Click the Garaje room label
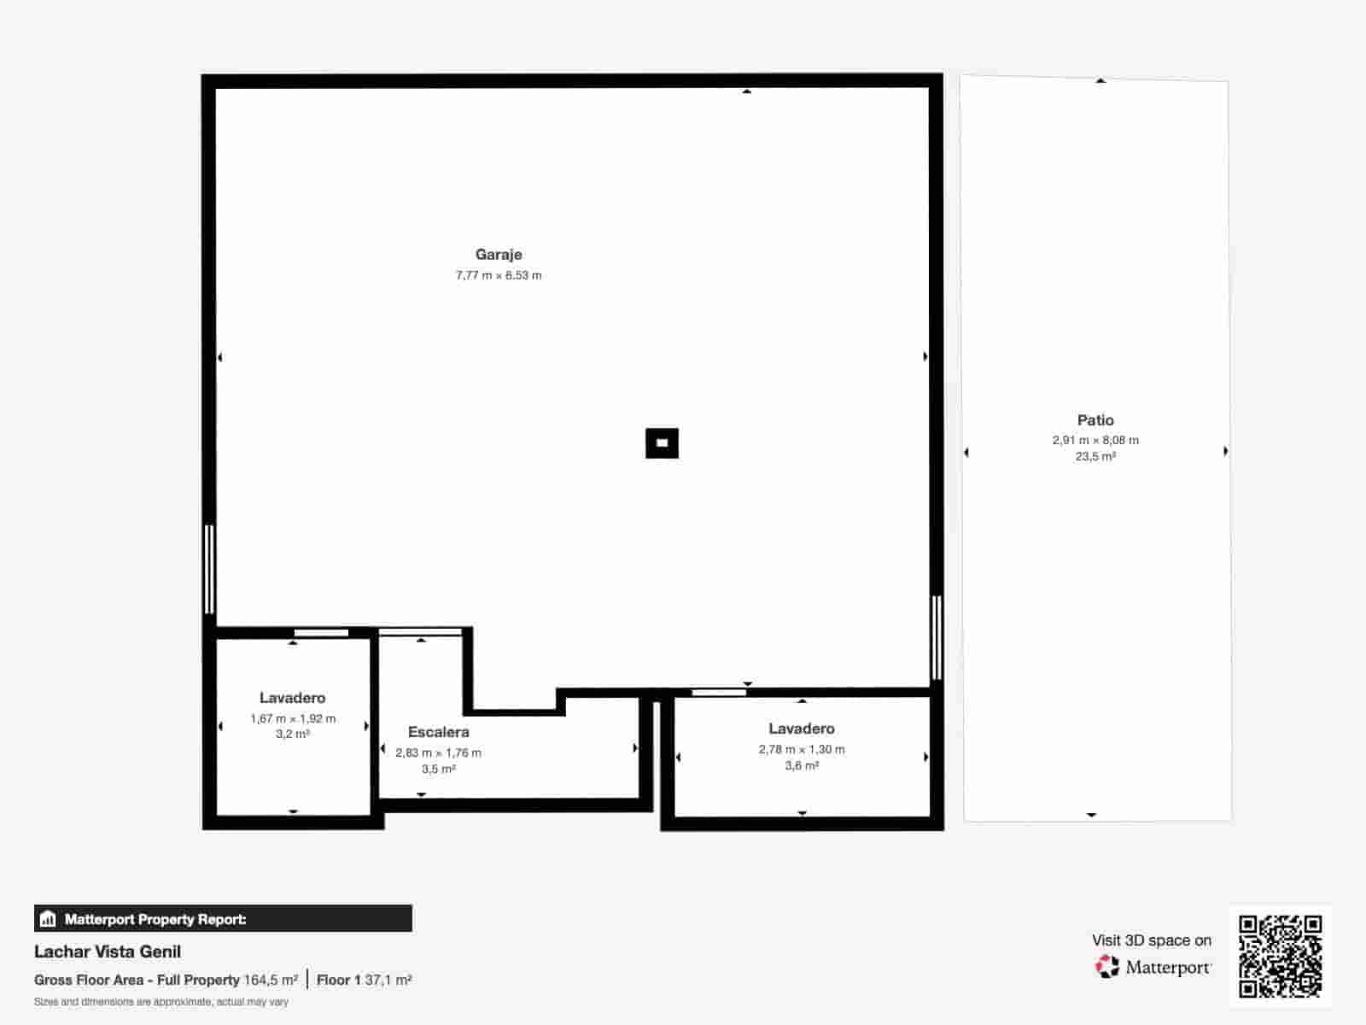[x=499, y=255]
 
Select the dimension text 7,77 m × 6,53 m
[x=499, y=275]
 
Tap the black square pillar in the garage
[x=662, y=443]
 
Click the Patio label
[x=1095, y=420]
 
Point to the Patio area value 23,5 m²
[x=1095, y=457]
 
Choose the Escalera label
[x=438, y=732]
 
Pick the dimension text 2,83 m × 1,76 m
[x=438, y=753]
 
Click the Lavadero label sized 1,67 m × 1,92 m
[x=292, y=698]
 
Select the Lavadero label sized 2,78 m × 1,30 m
[x=801, y=729]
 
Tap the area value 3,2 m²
[x=292, y=735]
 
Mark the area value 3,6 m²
[x=802, y=766]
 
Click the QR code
[x=1280, y=956]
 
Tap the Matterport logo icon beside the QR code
[x=1107, y=967]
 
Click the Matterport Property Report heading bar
[x=223, y=919]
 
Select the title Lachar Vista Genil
[x=108, y=952]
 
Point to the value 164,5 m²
[x=271, y=980]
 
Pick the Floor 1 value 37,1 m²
[x=388, y=980]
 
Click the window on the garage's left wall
[x=209, y=569]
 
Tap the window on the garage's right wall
[x=937, y=637]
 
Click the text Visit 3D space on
[x=1151, y=940]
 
